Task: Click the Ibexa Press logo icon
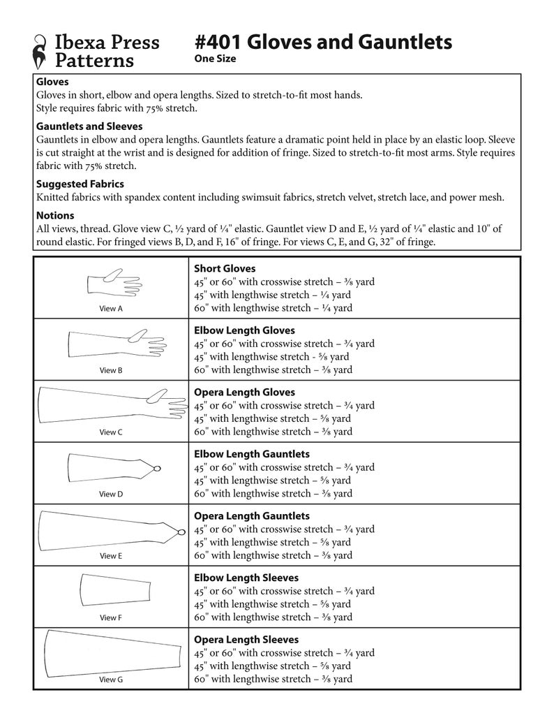pyautogui.click(x=41, y=52)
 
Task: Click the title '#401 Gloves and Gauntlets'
pyautogui.click(x=323, y=42)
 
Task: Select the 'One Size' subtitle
pyautogui.click(x=215, y=59)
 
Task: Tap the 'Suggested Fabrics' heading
pyautogui.click(x=80, y=184)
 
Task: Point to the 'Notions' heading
pyautogui.click(x=54, y=216)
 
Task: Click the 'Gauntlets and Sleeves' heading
pyautogui.click(x=89, y=126)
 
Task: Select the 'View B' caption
pyautogui.click(x=111, y=370)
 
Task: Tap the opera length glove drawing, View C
pyautogui.click(x=112, y=404)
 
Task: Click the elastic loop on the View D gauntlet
pyautogui.click(x=158, y=467)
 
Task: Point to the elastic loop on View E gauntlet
pyautogui.click(x=180, y=532)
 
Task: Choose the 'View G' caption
pyautogui.click(x=111, y=679)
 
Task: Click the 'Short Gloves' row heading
pyautogui.click(x=225, y=268)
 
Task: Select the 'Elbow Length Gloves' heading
pyautogui.click(x=244, y=330)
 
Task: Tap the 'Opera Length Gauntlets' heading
pyautogui.click(x=252, y=516)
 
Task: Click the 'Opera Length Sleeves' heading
pyautogui.click(x=246, y=640)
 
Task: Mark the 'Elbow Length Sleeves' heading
pyautogui.click(x=246, y=578)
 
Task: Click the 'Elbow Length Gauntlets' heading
pyautogui.click(x=251, y=454)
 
